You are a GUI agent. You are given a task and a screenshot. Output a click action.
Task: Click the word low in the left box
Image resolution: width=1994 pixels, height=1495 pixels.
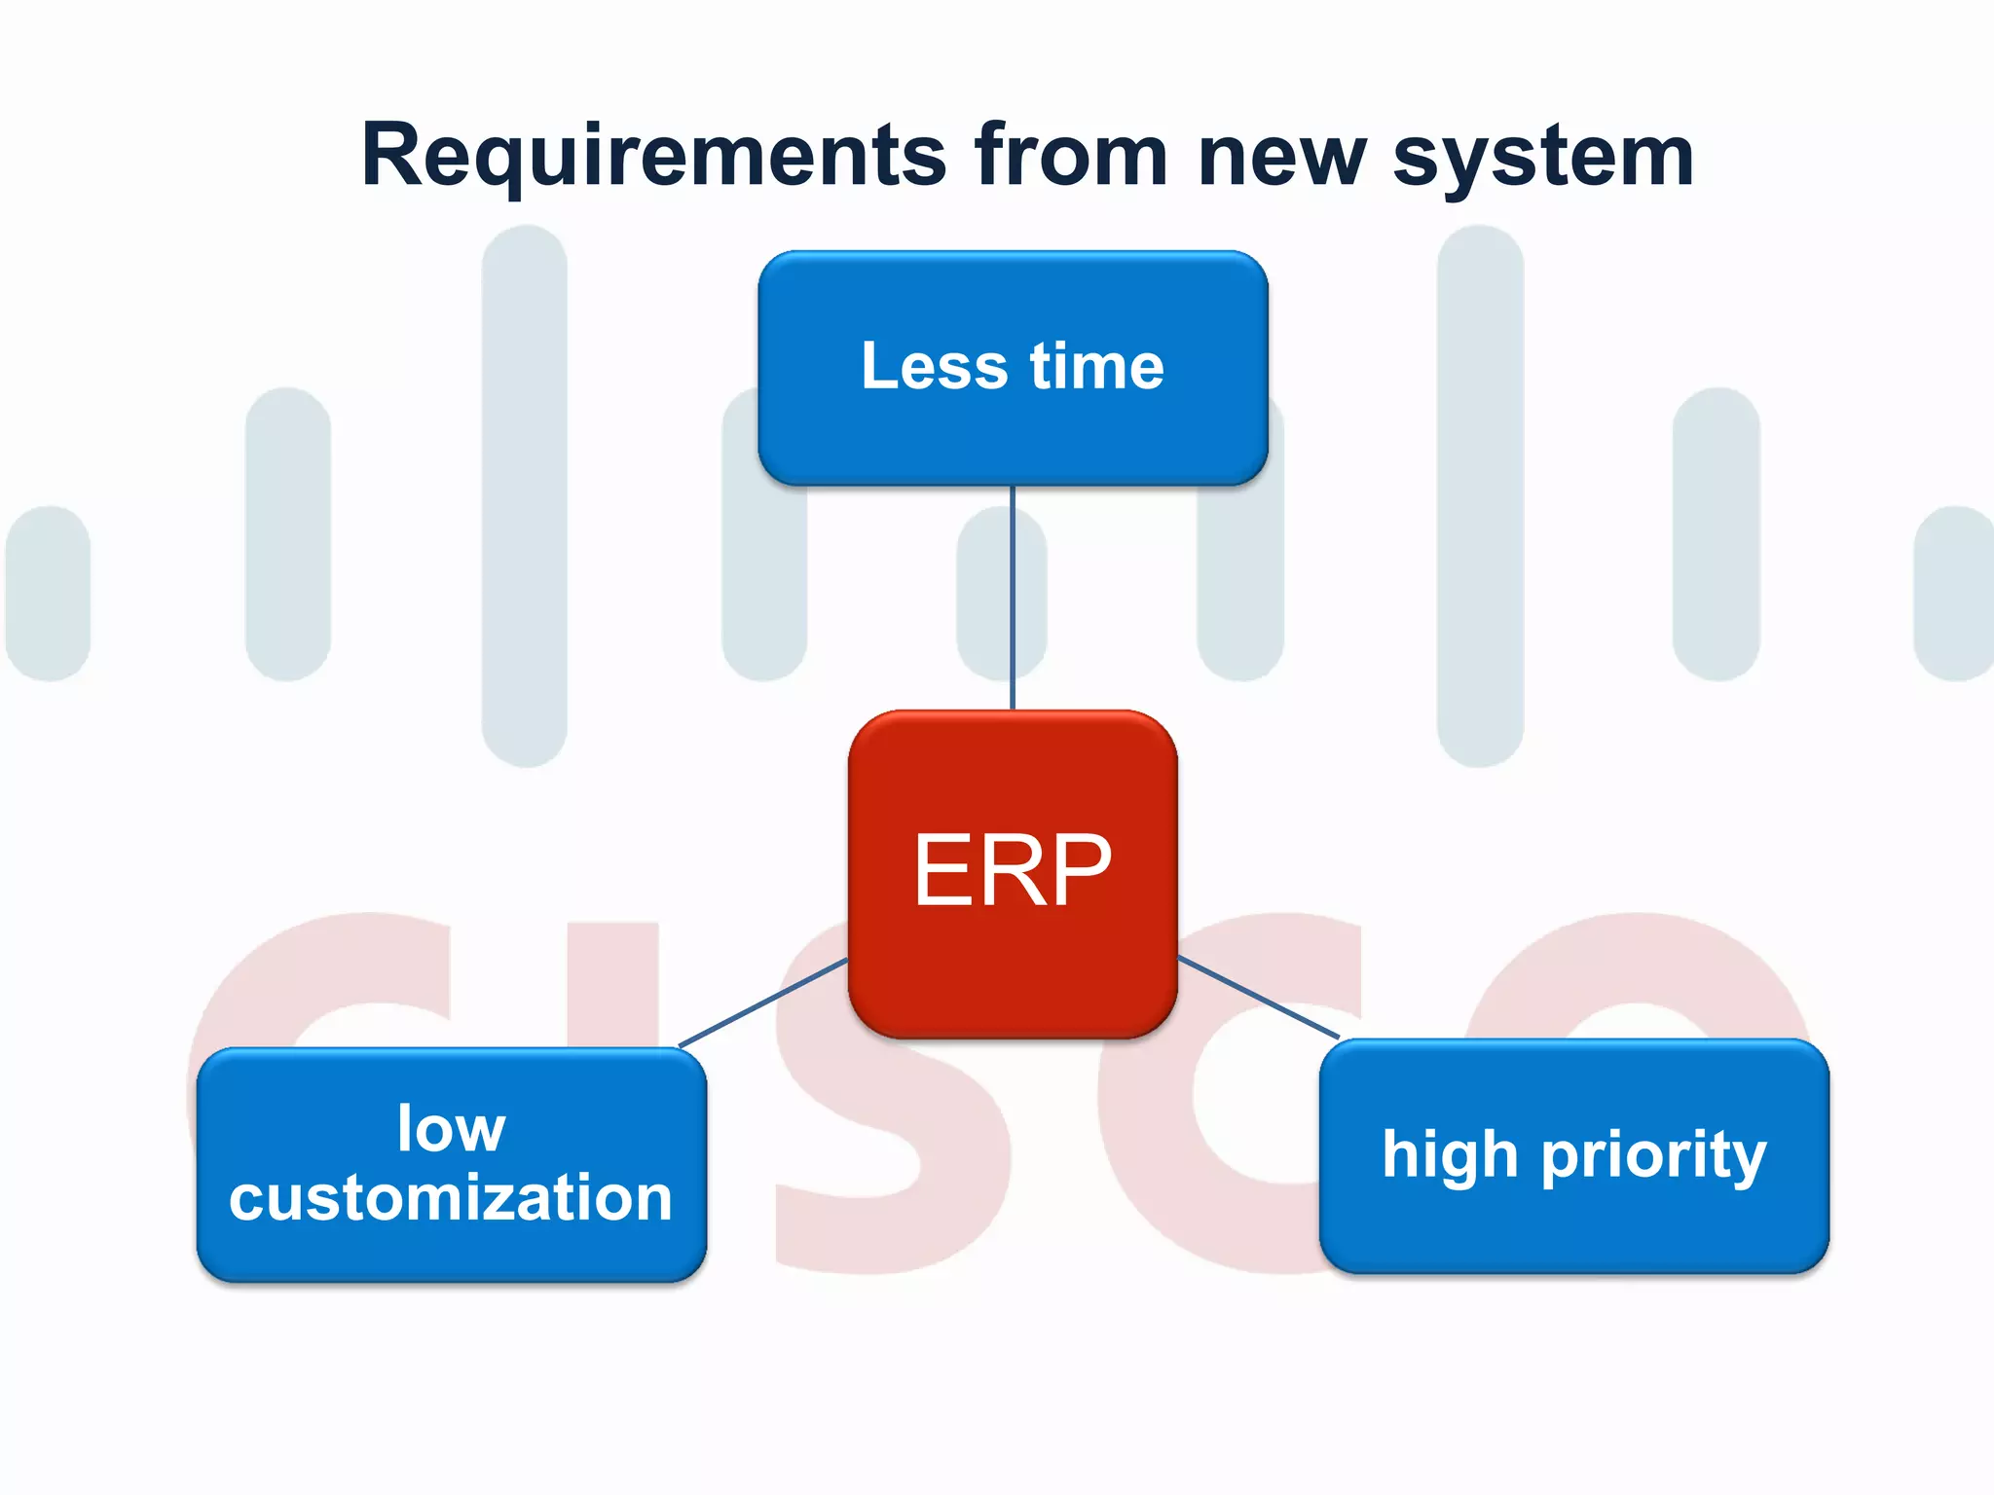[451, 1129]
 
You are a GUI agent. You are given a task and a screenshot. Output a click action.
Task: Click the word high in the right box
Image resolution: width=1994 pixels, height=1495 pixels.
[1450, 1155]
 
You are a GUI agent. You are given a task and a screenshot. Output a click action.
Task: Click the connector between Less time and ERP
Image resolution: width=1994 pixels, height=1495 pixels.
[1013, 599]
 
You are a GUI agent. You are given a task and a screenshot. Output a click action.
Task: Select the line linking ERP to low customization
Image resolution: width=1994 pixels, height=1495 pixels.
[762, 1003]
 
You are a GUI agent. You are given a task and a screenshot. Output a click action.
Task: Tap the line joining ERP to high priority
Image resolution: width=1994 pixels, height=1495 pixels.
[1258, 998]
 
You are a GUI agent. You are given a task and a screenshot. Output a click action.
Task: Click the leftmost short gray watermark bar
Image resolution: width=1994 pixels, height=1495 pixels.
[48, 594]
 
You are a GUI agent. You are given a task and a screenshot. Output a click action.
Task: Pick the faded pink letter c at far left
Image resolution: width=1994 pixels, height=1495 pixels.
[292, 973]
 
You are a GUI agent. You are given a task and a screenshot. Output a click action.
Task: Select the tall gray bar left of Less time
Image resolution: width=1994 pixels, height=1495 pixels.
[524, 496]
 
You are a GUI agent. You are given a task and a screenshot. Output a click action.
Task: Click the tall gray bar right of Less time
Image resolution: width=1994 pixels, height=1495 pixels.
[1480, 496]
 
